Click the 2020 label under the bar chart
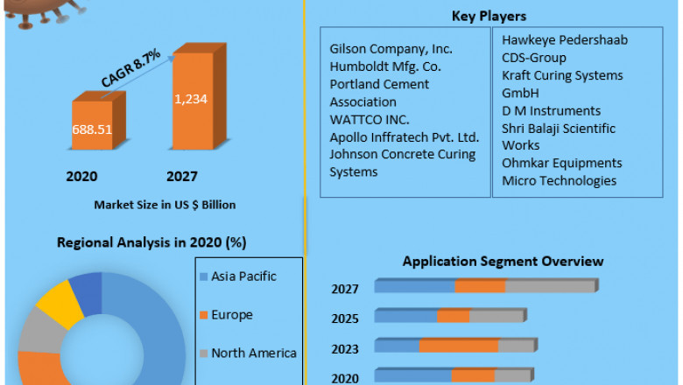coord(81,176)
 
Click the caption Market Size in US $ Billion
coord(165,205)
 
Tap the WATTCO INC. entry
coord(369,119)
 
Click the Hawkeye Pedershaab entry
coord(565,40)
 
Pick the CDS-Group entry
coord(534,58)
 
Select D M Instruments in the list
coord(551,110)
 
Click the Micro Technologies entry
coord(559,180)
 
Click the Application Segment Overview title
coord(503,261)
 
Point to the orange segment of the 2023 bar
coord(459,346)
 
